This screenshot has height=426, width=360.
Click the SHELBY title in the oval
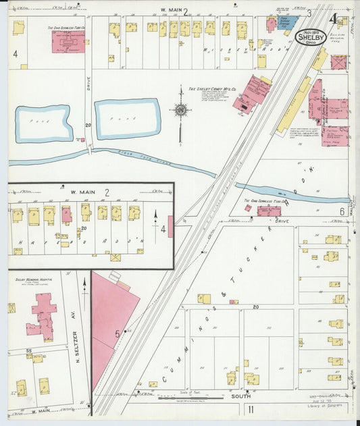311,38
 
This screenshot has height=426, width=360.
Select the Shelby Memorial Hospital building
43,317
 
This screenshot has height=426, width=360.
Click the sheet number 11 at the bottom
250,409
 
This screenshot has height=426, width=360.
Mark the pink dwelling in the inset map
67,215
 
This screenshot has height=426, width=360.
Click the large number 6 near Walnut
342,211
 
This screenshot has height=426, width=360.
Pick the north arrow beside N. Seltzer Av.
85,287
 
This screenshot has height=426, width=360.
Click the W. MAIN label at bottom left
38,410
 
